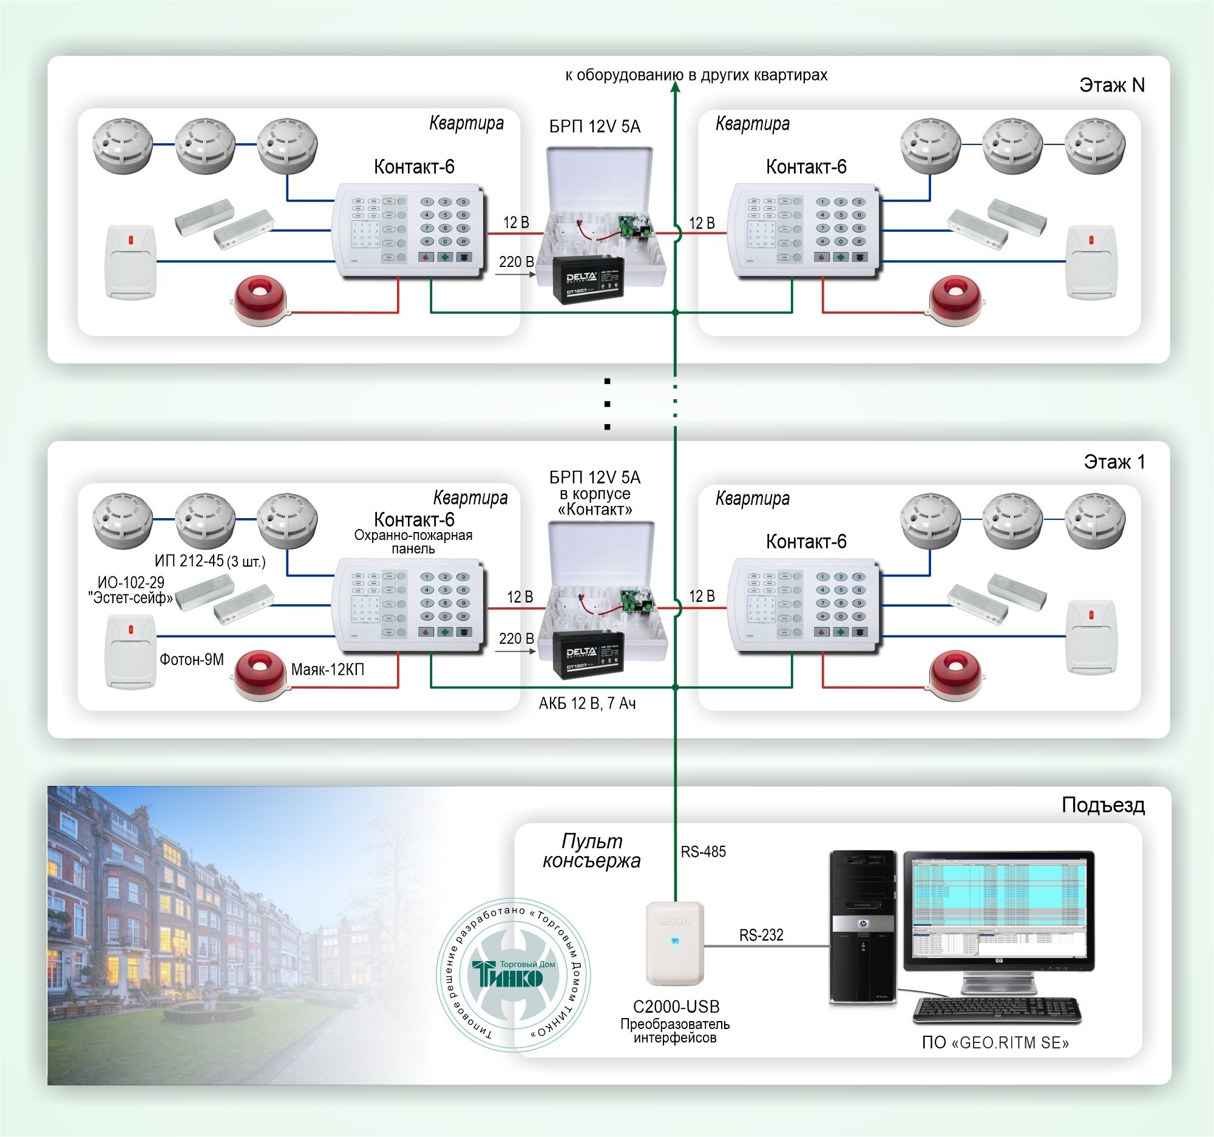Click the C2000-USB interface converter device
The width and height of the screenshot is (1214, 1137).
pos(675,943)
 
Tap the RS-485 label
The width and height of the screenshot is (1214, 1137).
pos(703,851)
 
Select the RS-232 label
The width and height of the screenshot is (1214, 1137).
pos(761,934)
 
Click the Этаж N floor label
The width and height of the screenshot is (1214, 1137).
pos(1111,85)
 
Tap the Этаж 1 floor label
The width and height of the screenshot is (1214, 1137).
pos(1114,462)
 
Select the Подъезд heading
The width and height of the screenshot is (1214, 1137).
pos(1102,805)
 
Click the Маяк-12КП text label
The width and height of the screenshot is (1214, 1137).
pos(327,669)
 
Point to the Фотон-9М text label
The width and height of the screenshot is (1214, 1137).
pos(192,659)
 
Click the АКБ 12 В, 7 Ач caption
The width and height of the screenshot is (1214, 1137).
pos(587,704)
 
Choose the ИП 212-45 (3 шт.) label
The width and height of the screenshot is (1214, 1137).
pos(209,561)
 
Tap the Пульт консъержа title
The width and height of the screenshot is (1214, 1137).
pos(591,851)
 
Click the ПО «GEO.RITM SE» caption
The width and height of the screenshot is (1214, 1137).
pos(995,1042)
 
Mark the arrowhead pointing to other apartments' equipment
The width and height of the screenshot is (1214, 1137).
pos(676,87)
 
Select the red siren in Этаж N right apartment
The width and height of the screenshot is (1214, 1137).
pos(954,300)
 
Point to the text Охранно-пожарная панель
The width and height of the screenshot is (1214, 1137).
pos(413,542)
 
